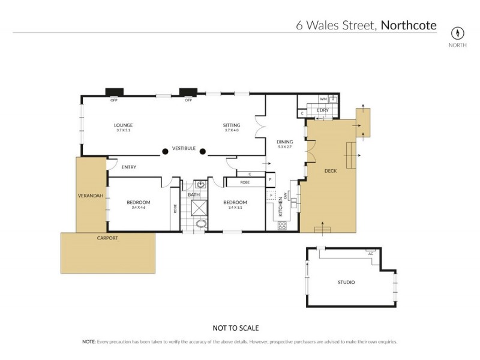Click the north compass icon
coord(459,33)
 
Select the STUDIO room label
coord(346,282)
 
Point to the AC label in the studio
coord(371,253)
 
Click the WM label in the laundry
coord(322,98)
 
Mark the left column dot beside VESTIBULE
coord(163,151)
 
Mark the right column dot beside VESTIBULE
coord(203,151)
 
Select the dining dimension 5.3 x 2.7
coord(284,147)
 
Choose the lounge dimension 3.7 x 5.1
coord(123,130)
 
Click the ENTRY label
coord(129,167)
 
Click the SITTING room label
coord(232,125)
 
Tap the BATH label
coord(193,195)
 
